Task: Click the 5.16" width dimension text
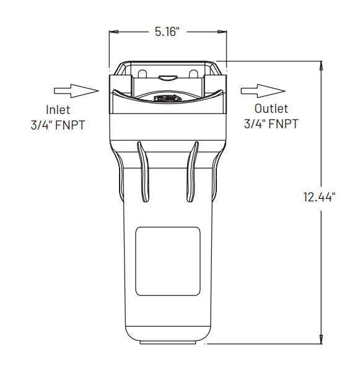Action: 167,31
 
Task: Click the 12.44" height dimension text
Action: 320,198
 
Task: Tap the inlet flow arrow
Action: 76,90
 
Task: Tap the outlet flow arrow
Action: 258,90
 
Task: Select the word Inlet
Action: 58,110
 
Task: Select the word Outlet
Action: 271,109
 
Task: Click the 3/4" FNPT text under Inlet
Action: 58,125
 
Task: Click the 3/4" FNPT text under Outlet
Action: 271,123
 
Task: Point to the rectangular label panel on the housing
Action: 167,261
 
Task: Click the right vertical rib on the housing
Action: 193,171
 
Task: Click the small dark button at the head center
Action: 167,98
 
